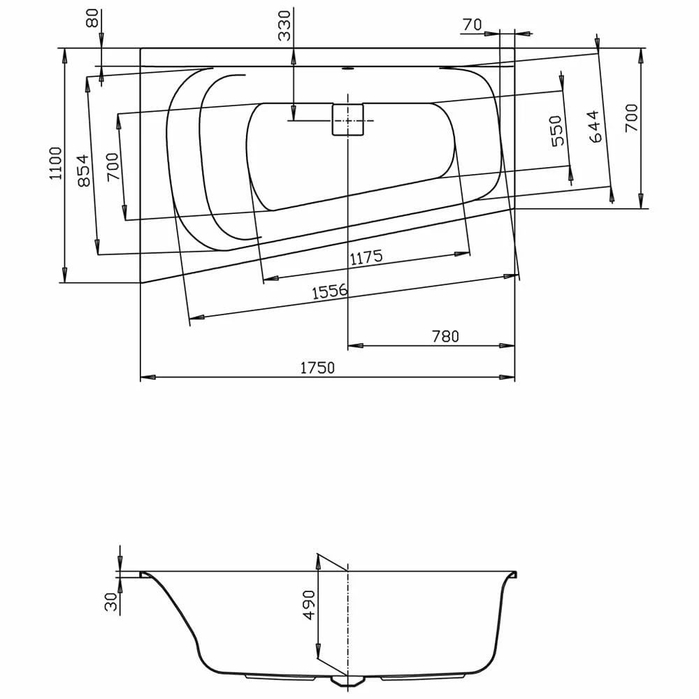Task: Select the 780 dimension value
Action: click(x=445, y=336)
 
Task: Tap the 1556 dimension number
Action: click(x=329, y=292)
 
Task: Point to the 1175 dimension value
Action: click(x=366, y=257)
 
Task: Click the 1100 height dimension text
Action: click(x=57, y=163)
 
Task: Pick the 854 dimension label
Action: click(x=84, y=170)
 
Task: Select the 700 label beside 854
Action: click(x=113, y=167)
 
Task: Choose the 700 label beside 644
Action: click(x=630, y=119)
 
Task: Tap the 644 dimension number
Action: click(x=594, y=127)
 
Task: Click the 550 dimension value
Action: click(x=556, y=131)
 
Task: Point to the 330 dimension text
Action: click(x=284, y=27)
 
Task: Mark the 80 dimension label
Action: click(x=92, y=20)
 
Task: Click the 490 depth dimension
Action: click(x=308, y=606)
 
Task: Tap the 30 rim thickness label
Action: click(x=111, y=602)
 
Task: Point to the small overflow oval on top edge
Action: click(x=347, y=69)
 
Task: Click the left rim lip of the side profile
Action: click(x=145, y=575)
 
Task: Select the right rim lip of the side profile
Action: click(x=514, y=575)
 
